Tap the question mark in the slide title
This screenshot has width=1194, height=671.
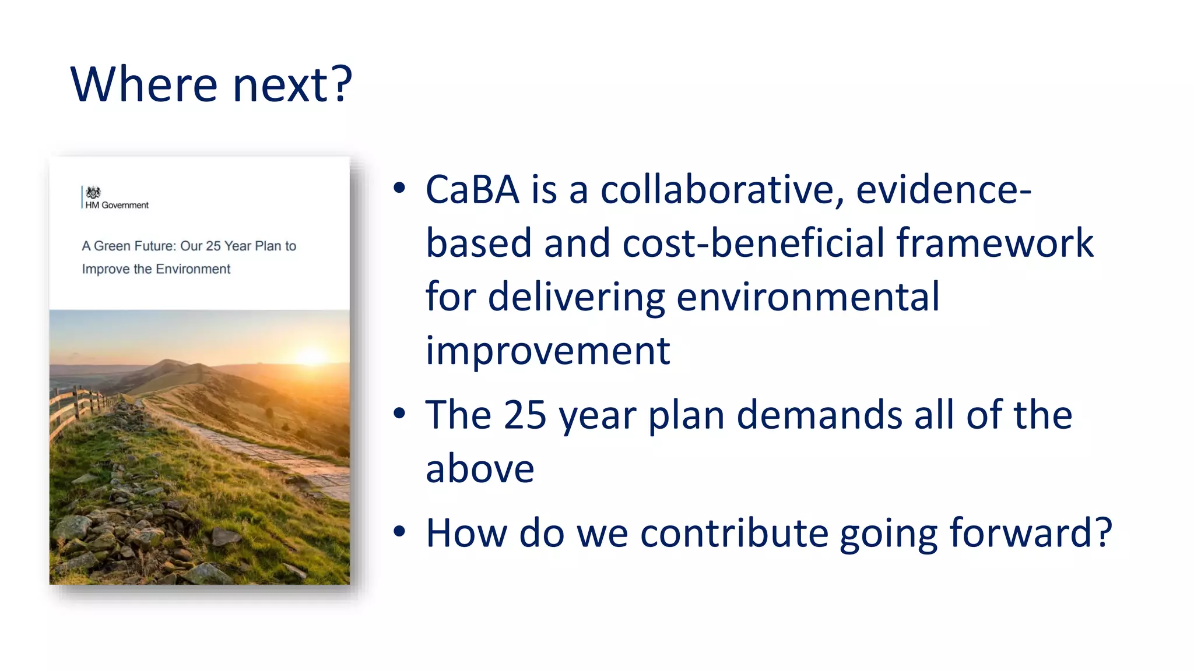(x=340, y=84)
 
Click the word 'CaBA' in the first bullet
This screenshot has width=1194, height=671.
(x=472, y=190)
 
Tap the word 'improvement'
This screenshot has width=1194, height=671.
(x=547, y=351)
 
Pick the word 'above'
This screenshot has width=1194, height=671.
(x=480, y=469)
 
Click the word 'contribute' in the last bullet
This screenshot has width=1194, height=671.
(x=734, y=533)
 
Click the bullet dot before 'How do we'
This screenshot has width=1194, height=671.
(x=399, y=531)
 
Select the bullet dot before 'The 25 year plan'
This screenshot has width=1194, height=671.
(x=399, y=414)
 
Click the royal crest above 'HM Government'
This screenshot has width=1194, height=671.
(x=93, y=193)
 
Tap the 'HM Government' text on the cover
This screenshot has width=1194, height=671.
(x=117, y=205)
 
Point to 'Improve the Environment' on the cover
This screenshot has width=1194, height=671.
(x=156, y=269)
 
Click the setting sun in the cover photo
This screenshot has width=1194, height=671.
(x=311, y=355)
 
